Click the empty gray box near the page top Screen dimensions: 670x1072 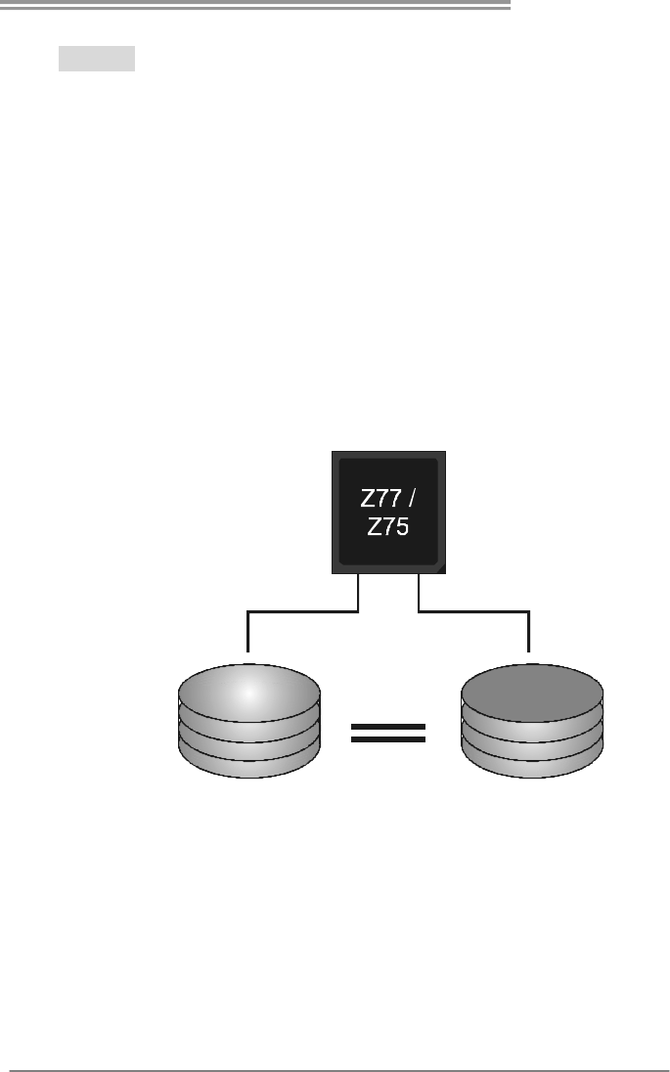96,58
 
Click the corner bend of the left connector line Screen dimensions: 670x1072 248,613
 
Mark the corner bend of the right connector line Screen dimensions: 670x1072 529,613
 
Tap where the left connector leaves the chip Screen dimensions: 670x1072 360,577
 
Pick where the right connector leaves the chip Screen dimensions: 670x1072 419,577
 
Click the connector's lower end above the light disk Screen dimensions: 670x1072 248,648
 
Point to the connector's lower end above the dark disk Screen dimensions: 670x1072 529,648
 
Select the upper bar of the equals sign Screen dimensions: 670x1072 388,727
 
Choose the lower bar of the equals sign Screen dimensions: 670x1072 388,739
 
